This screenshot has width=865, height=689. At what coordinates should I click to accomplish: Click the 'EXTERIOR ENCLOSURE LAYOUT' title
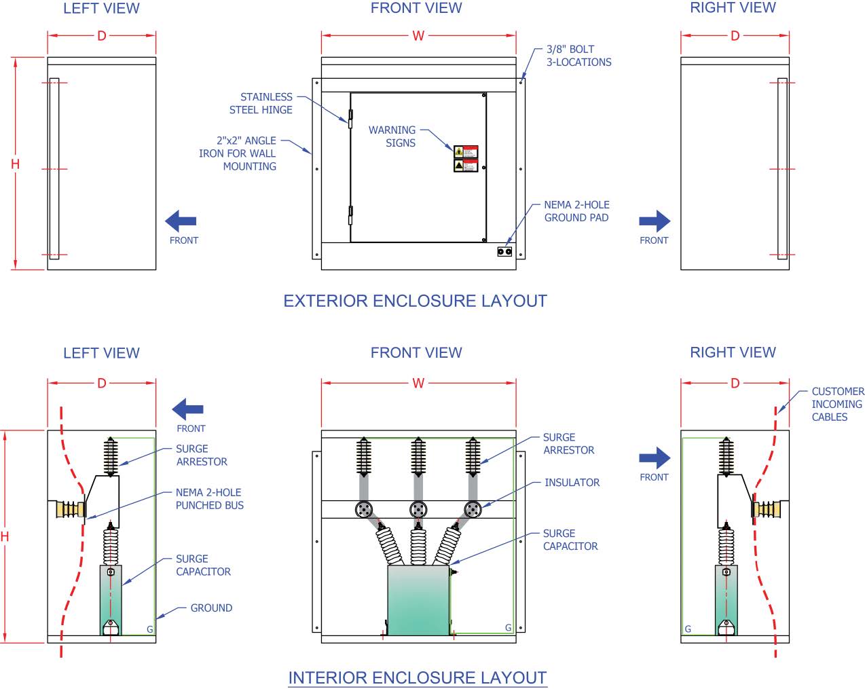[x=415, y=301]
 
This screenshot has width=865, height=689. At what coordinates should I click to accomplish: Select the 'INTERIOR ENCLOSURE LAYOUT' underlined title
[x=417, y=677]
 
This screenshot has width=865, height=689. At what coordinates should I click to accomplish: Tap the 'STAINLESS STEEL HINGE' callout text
[x=261, y=103]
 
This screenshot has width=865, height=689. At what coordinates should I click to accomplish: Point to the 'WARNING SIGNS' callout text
[x=392, y=136]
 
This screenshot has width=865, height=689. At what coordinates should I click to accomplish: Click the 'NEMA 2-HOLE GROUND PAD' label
[x=576, y=211]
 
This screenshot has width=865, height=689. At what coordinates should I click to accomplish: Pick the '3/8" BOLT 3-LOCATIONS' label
[x=578, y=56]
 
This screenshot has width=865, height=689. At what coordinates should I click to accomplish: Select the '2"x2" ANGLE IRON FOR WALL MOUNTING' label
[x=238, y=153]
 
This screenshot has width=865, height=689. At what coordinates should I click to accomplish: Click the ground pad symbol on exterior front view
[x=504, y=252]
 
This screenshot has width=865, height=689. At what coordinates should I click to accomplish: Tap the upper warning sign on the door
[x=466, y=152]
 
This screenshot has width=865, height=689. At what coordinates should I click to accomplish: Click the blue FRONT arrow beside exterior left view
[x=181, y=221]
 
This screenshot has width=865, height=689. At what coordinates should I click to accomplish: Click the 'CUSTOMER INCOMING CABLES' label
[x=838, y=404]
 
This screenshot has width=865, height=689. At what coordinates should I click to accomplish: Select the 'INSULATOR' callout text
[x=572, y=483]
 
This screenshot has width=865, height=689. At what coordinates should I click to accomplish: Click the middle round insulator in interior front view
[x=418, y=510]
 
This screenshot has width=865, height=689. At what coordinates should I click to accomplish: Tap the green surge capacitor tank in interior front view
[x=418, y=600]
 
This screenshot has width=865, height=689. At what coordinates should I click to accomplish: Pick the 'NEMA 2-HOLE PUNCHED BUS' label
[x=209, y=499]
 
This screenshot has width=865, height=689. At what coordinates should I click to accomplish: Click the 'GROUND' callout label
[x=211, y=608]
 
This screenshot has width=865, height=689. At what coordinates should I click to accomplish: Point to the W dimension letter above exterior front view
[x=418, y=36]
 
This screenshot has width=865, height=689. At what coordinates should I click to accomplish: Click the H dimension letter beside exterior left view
[x=15, y=164]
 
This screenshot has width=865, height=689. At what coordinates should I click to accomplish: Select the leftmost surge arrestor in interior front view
[x=365, y=456]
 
